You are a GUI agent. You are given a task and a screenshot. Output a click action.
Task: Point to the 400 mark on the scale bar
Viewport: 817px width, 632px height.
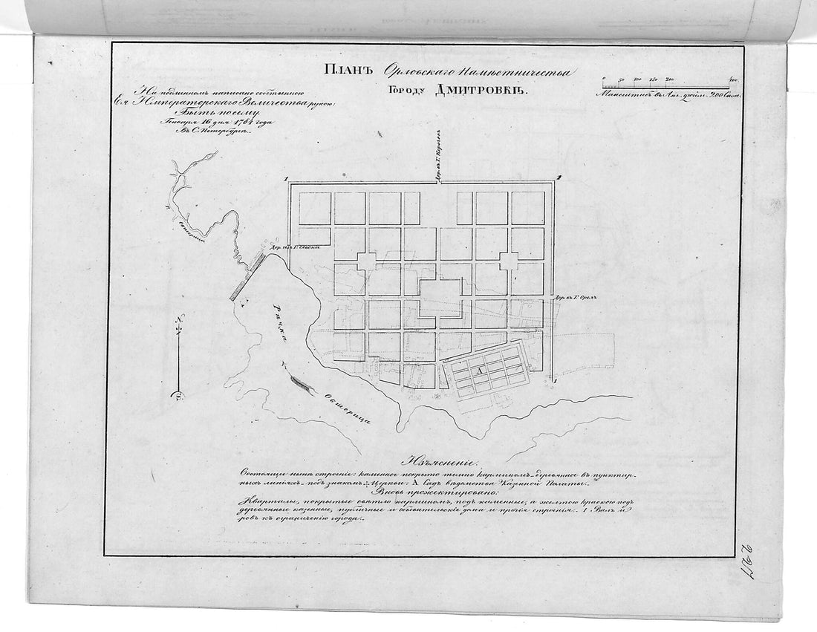pyautogui.click(x=732, y=79)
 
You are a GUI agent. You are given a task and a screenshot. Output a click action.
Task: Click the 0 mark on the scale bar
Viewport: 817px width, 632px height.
pyautogui.click(x=604, y=79)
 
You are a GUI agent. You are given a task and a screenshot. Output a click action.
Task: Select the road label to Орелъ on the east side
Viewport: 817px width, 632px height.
pyautogui.click(x=576, y=296)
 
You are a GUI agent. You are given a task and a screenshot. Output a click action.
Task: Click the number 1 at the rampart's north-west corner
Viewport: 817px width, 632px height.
pyautogui.click(x=286, y=178)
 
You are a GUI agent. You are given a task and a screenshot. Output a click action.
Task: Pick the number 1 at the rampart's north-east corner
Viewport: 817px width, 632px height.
pyautogui.click(x=559, y=176)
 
